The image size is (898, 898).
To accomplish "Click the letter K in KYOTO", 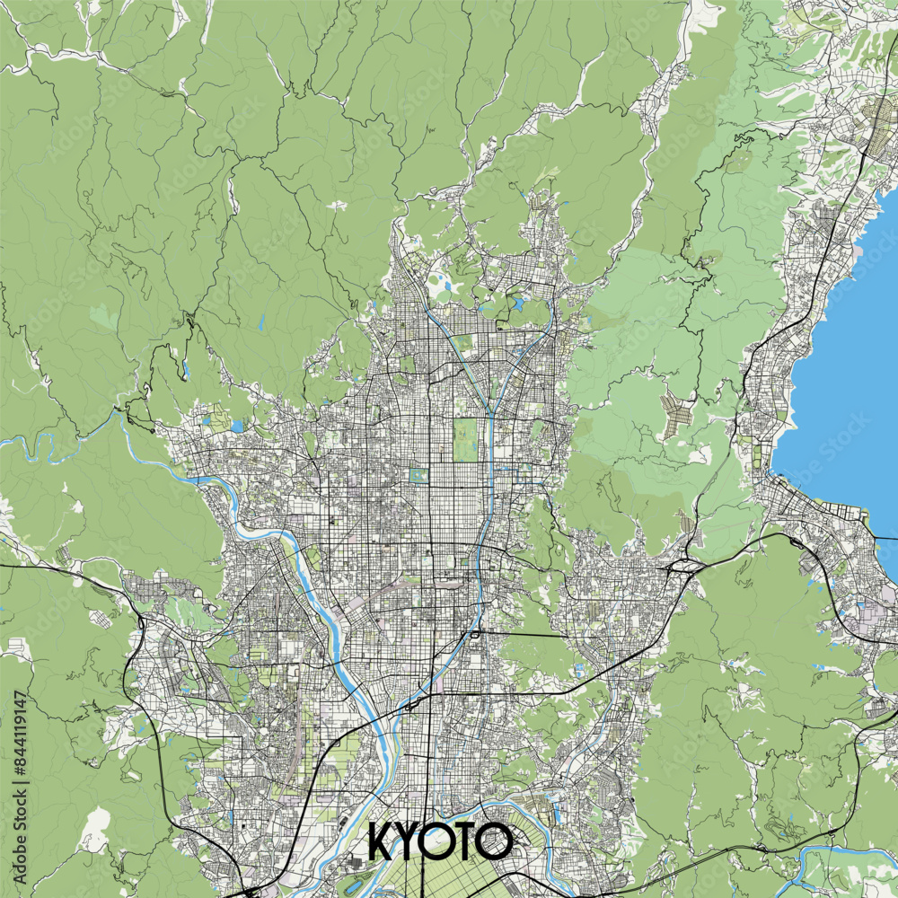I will (x=381, y=842).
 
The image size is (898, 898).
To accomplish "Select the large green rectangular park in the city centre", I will (x=464, y=439).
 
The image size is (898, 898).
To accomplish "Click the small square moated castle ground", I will (x=417, y=475).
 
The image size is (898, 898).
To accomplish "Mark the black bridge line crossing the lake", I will (x=885, y=537).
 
